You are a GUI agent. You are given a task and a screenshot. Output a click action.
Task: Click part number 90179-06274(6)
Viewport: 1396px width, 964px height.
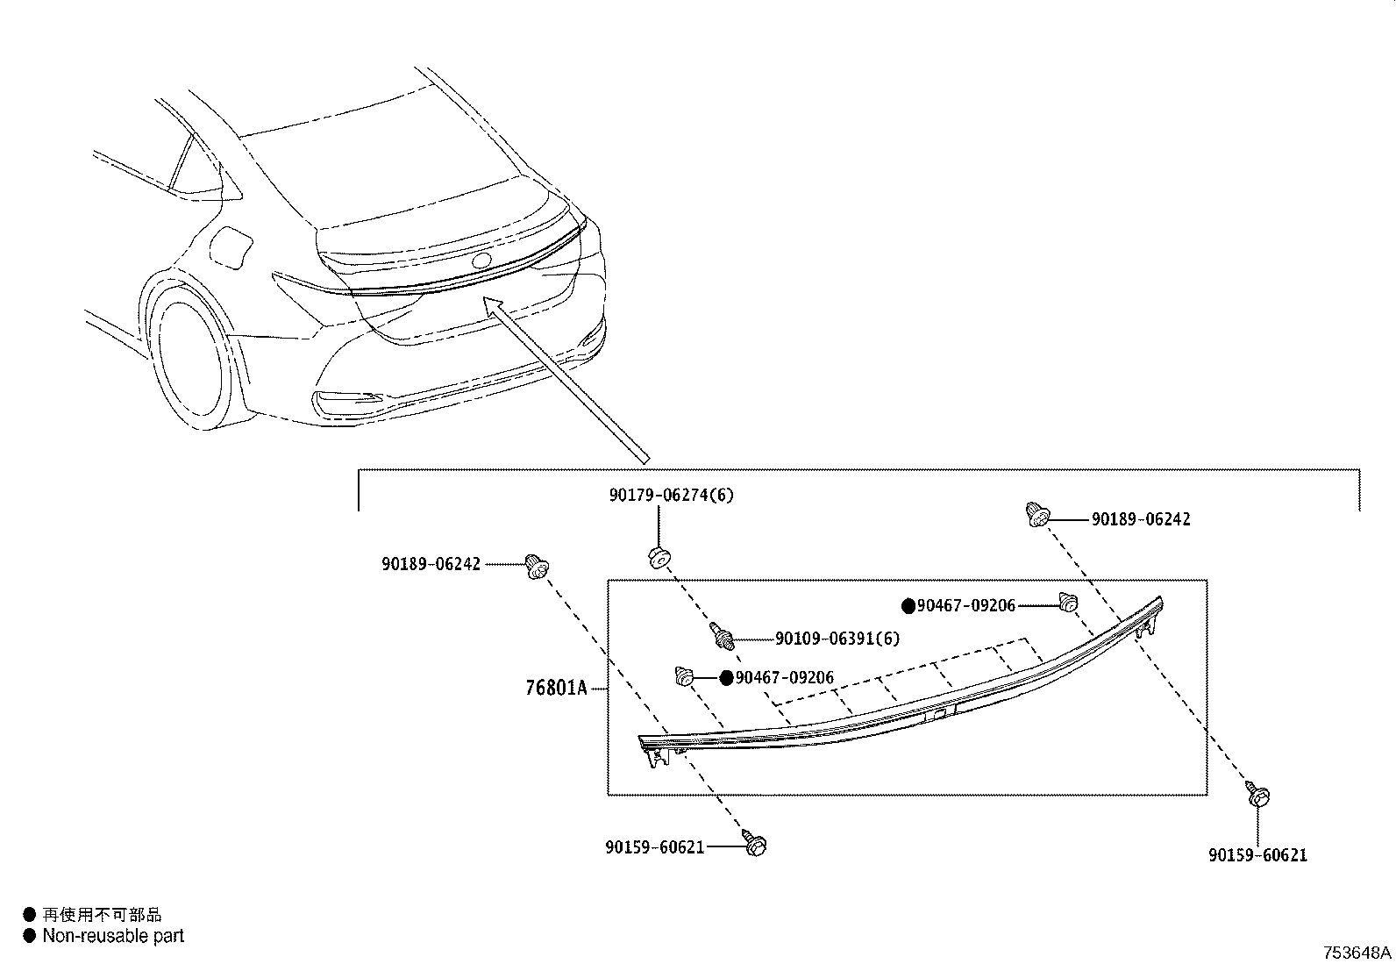click(x=671, y=496)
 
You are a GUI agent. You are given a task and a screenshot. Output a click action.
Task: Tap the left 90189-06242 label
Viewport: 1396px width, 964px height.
click(x=431, y=565)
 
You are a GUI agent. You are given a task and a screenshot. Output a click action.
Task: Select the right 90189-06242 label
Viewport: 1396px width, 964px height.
click(x=1141, y=519)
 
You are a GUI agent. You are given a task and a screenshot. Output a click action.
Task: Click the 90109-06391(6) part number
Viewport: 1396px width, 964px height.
click(x=837, y=639)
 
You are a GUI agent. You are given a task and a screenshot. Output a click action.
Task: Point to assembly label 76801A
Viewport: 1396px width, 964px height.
click(x=556, y=688)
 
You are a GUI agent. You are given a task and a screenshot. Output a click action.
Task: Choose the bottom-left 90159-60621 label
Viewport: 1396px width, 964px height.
click(x=654, y=847)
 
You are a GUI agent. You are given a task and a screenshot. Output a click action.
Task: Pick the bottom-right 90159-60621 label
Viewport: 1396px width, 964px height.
click(x=1257, y=855)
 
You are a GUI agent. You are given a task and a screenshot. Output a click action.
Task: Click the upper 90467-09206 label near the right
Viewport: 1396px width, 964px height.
click(x=965, y=605)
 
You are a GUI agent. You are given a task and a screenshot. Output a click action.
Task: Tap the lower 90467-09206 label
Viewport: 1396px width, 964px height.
click(x=784, y=677)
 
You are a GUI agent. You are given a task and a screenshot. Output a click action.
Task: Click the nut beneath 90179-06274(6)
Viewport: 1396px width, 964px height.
click(x=659, y=556)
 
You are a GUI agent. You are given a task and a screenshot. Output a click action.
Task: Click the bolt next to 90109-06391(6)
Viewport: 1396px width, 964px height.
click(x=723, y=636)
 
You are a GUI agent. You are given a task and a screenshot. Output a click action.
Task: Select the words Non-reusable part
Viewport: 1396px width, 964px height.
click(x=113, y=936)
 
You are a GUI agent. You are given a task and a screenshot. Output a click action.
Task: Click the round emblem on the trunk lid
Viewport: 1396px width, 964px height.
click(x=481, y=261)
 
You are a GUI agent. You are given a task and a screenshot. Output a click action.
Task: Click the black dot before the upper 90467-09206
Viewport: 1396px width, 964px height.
click(x=908, y=605)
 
